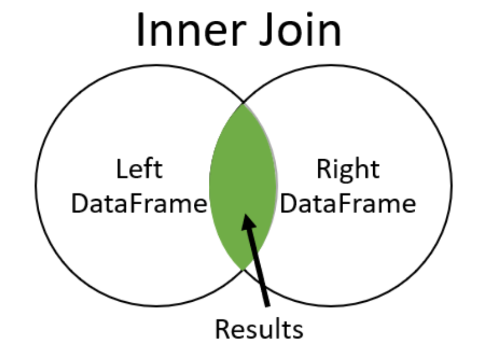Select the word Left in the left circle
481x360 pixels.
point(140,171)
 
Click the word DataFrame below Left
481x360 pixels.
point(139,204)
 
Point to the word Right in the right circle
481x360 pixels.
point(348,171)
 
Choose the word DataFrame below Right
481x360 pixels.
point(348,204)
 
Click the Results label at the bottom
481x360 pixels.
point(259,329)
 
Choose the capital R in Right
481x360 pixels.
point(324,171)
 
